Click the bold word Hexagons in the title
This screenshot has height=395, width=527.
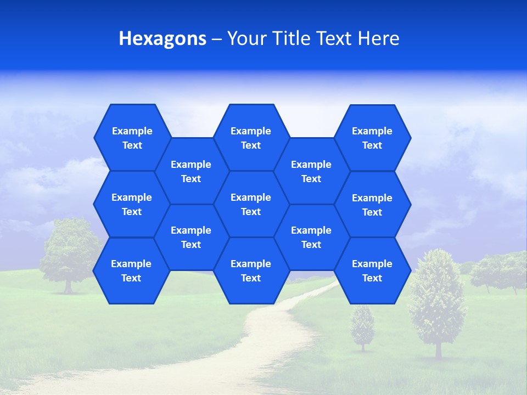tap(162, 39)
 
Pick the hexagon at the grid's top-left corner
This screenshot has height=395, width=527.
tap(132, 138)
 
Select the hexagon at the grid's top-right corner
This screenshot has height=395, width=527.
tap(372, 138)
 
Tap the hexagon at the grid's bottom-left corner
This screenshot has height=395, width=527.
tap(131, 271)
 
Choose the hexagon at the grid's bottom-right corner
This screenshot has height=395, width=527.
tap(372, 271)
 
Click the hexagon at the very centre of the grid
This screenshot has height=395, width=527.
tap(251, 204)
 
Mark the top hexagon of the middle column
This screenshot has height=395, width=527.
tap(251, 138)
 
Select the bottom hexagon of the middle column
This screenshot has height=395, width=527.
tap(251, 271)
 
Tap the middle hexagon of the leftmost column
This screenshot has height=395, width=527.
tap(132, 204)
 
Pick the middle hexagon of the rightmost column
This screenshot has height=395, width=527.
tap(372, 205)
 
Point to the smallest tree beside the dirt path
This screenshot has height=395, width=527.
tap(362, 326)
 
